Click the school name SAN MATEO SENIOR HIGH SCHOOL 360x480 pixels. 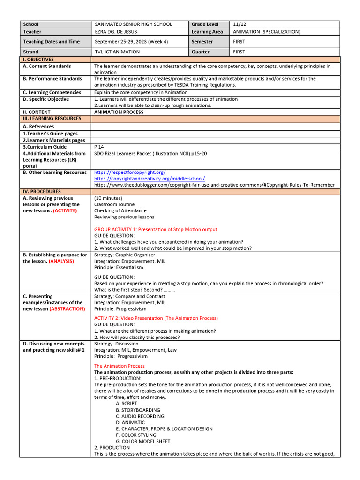click(133, 24)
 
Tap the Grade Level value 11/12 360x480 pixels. click(238, 24)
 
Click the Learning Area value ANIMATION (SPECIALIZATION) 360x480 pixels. click(266, 32)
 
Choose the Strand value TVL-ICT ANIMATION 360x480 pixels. click(117, 52)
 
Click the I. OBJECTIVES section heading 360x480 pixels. click(38, 60)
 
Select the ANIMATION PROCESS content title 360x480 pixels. click(119, 112)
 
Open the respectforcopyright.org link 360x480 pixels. click(130, 172)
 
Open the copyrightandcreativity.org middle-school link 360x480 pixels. click(150, 179)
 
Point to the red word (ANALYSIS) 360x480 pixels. click(61, 261)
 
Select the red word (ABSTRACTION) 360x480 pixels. click(67, 309)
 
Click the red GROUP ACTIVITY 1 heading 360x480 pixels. click(156, 230)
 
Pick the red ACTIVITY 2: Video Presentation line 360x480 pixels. click(156, 318)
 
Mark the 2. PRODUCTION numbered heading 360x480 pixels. click(112, 448)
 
